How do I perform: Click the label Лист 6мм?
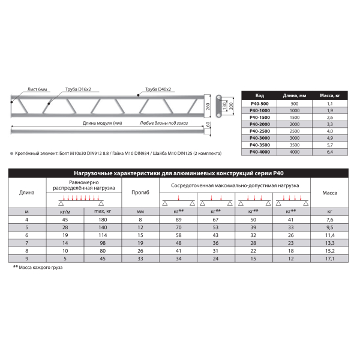38,89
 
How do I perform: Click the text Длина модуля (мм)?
102,123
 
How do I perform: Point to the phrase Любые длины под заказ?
164,123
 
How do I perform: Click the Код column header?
260,95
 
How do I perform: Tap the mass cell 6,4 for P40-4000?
329,152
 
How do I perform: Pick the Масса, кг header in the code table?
329,95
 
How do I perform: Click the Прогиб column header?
140,192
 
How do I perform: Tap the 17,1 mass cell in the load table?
329,258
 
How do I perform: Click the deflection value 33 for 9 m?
140,258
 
